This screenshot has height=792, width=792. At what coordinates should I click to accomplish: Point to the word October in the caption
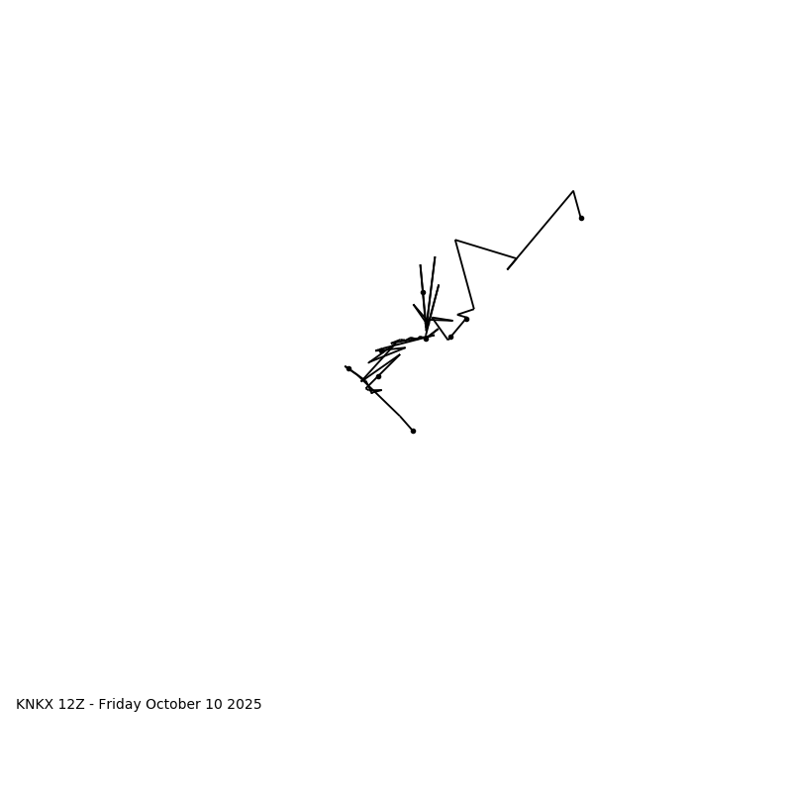click(173, 705)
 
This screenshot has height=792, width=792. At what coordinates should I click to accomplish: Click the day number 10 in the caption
click(214, 705)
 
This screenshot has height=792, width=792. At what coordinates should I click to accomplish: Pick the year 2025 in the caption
click(245, 705)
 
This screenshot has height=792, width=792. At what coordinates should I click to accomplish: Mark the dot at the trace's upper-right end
click(581, 218)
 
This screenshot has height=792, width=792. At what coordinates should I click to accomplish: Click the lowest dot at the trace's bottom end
click(413, 431)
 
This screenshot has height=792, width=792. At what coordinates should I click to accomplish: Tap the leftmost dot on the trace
click(348, 368)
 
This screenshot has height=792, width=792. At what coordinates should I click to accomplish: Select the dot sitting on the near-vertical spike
click(423, 292)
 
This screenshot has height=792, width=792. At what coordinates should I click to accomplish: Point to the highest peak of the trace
click(573, 191)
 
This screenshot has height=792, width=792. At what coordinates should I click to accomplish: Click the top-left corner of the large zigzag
click(455, 240)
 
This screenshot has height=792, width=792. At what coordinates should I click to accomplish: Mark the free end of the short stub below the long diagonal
click(508, 269)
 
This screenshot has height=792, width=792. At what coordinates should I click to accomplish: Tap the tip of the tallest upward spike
click(435, 257)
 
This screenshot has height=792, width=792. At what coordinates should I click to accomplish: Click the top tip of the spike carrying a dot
click(421, 265)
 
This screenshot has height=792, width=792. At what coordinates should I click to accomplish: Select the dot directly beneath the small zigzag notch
click(466, 319)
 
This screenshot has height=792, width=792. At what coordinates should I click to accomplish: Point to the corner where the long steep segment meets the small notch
click(473, 308)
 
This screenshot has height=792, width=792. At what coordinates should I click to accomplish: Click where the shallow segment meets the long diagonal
click(516, 258)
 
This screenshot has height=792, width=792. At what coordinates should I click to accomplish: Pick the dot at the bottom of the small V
click(450, 337)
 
